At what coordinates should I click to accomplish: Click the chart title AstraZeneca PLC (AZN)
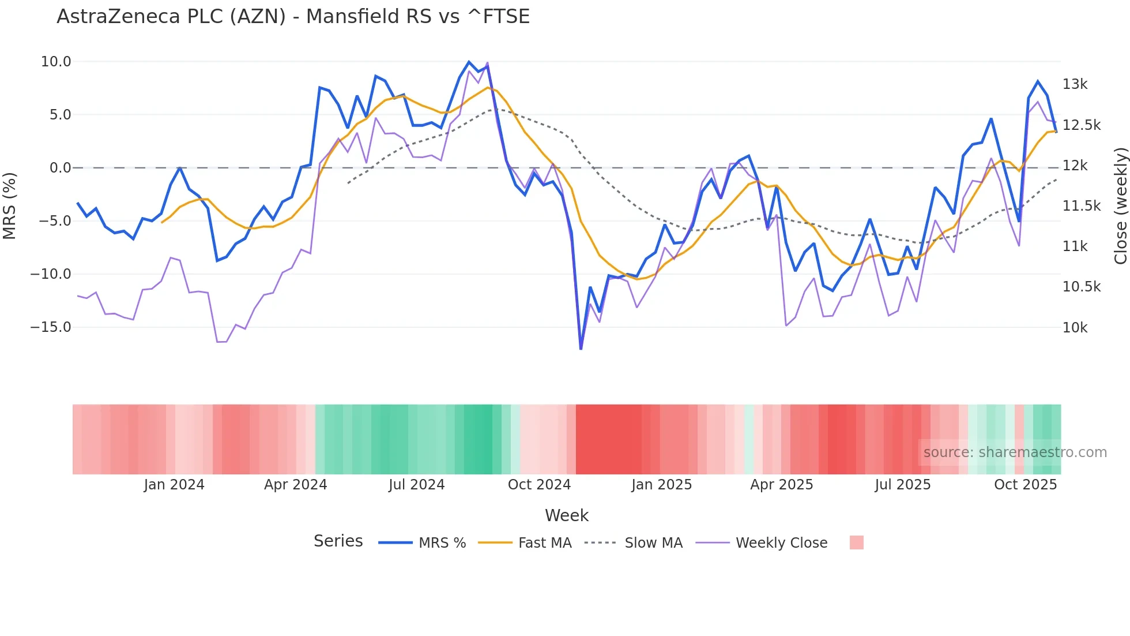[293, 17]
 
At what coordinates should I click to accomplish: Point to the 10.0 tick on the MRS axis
[56, 62]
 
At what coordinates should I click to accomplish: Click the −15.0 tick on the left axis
[51, 327]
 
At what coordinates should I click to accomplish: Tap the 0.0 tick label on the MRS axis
[61, 168]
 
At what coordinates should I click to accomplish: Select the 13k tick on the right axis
[1075, 84]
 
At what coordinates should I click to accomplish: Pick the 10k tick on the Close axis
[1075, 328]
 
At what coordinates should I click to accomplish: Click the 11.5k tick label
[1081, 206]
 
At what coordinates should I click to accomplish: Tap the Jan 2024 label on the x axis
[174, 485]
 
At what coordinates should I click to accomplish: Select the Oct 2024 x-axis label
[539, 485]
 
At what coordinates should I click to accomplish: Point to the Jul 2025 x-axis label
[902, 485]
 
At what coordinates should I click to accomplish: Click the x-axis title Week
[567, 515]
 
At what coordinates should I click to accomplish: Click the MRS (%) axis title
[10, 206]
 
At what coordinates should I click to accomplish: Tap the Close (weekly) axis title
[1120, 206]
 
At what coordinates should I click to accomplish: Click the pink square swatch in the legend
[856, 543]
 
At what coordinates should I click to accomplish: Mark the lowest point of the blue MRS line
[581, 349]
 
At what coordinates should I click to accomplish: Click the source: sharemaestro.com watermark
[1015, 452]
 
